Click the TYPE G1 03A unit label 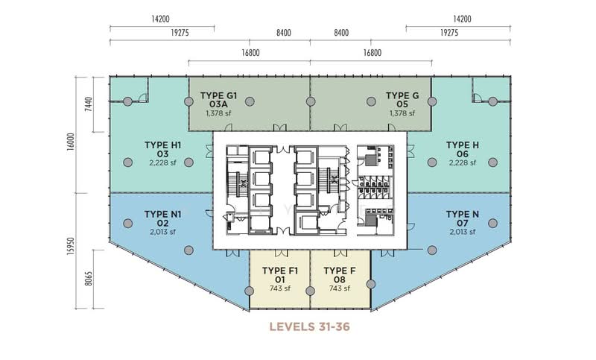click(218, 100)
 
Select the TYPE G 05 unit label click(402, 100)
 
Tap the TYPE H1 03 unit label click(162, 149)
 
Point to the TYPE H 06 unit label click(462, 149)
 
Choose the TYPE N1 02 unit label click(162, 218)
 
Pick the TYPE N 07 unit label click(462, 218)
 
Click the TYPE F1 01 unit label click(280, 275)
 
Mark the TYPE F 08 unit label click(340, 275)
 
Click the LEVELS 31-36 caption click(309, 326)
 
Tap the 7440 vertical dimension click(89, 104)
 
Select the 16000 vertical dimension click(71, 142)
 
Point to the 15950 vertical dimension click(71, 247)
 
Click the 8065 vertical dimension click(89, 278)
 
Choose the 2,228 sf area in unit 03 click(162, 162)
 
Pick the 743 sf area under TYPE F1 click(280, 288)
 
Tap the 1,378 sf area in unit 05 click(402, 113)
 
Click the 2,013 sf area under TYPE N click(462, 232)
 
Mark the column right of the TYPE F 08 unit click(371, 284)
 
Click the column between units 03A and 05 click(311, 101)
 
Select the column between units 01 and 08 click(310, 291)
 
